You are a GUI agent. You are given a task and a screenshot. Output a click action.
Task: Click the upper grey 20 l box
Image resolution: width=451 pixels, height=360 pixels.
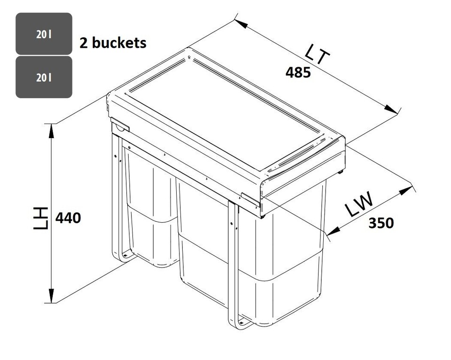pos(44,34)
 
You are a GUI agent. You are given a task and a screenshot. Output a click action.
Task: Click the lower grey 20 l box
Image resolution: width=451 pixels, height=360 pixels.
pos(44,77)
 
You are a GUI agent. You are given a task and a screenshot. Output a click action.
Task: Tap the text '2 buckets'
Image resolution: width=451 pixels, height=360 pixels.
pos(113,43)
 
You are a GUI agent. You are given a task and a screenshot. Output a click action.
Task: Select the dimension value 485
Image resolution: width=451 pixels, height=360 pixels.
pos(298,72)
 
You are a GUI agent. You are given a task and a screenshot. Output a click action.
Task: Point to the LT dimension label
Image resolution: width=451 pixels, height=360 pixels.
pos(318,55)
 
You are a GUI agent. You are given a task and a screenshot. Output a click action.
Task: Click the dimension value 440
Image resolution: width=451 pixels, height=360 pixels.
pos(68,218)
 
